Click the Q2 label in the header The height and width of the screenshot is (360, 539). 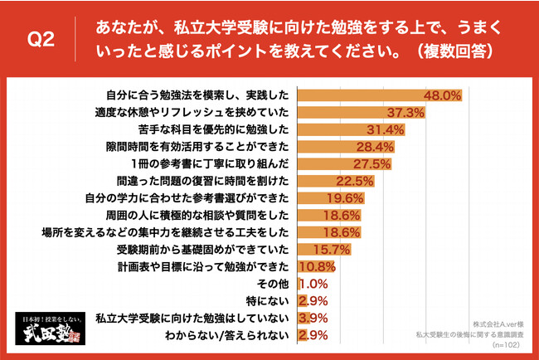pos(41,40)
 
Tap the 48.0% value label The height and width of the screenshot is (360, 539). pos(442,96)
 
